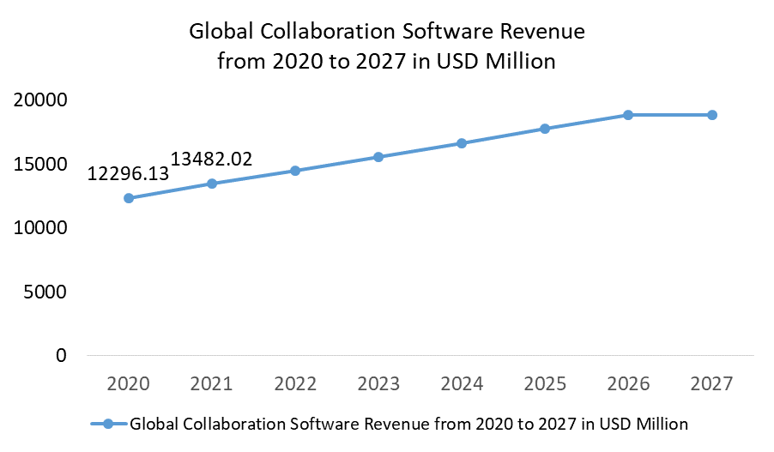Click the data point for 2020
129,198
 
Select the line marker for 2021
212,184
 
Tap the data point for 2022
295,171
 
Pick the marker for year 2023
378,157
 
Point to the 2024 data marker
462,143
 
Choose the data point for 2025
545,129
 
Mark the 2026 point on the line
628,115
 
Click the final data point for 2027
712,115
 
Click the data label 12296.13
128,174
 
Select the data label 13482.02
211,160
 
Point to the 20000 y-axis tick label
40,100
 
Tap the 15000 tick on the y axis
40,164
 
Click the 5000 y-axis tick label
45,292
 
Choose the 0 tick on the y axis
61,355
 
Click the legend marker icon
108,424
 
